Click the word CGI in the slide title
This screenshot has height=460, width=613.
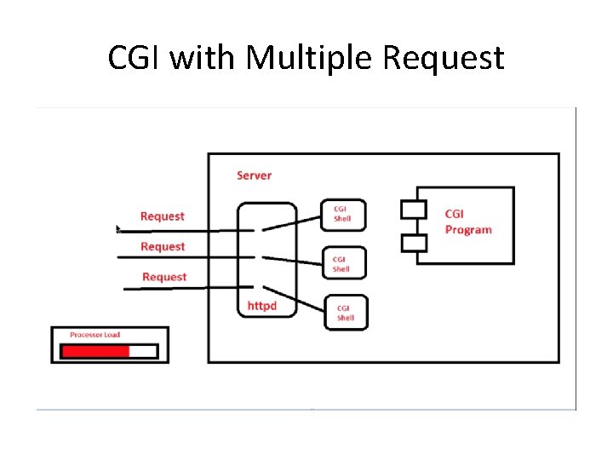click(135, 58)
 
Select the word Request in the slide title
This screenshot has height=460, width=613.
click(444, 58)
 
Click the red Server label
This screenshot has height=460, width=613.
click(254, 175)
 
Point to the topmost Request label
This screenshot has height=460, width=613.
click(162, 216)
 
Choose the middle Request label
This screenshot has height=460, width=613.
click(163, 246)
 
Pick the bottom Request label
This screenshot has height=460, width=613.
click(164, 277)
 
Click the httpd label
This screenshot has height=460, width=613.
click(262, 305)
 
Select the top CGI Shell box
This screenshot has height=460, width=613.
click(343, 215)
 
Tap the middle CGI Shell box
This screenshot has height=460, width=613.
click(344, 263)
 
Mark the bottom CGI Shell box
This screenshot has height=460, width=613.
click(346, 313)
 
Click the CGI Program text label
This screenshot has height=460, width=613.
click(467, 221)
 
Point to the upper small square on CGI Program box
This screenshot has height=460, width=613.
click(413, 209)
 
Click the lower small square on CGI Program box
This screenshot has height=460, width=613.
click(413, 243)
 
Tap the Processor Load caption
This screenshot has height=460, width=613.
click(95, 335)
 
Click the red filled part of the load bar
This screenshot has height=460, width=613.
click(95, 351)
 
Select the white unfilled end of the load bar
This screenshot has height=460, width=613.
click(143, 351)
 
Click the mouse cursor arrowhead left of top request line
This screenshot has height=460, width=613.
click(118, 228)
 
